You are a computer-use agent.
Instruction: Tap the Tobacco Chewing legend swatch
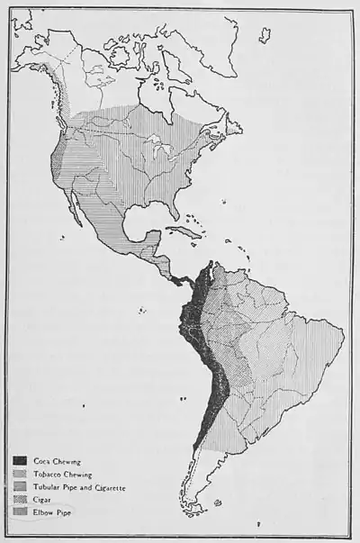point(19,474)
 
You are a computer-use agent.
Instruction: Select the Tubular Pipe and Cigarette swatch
point(19,486)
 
